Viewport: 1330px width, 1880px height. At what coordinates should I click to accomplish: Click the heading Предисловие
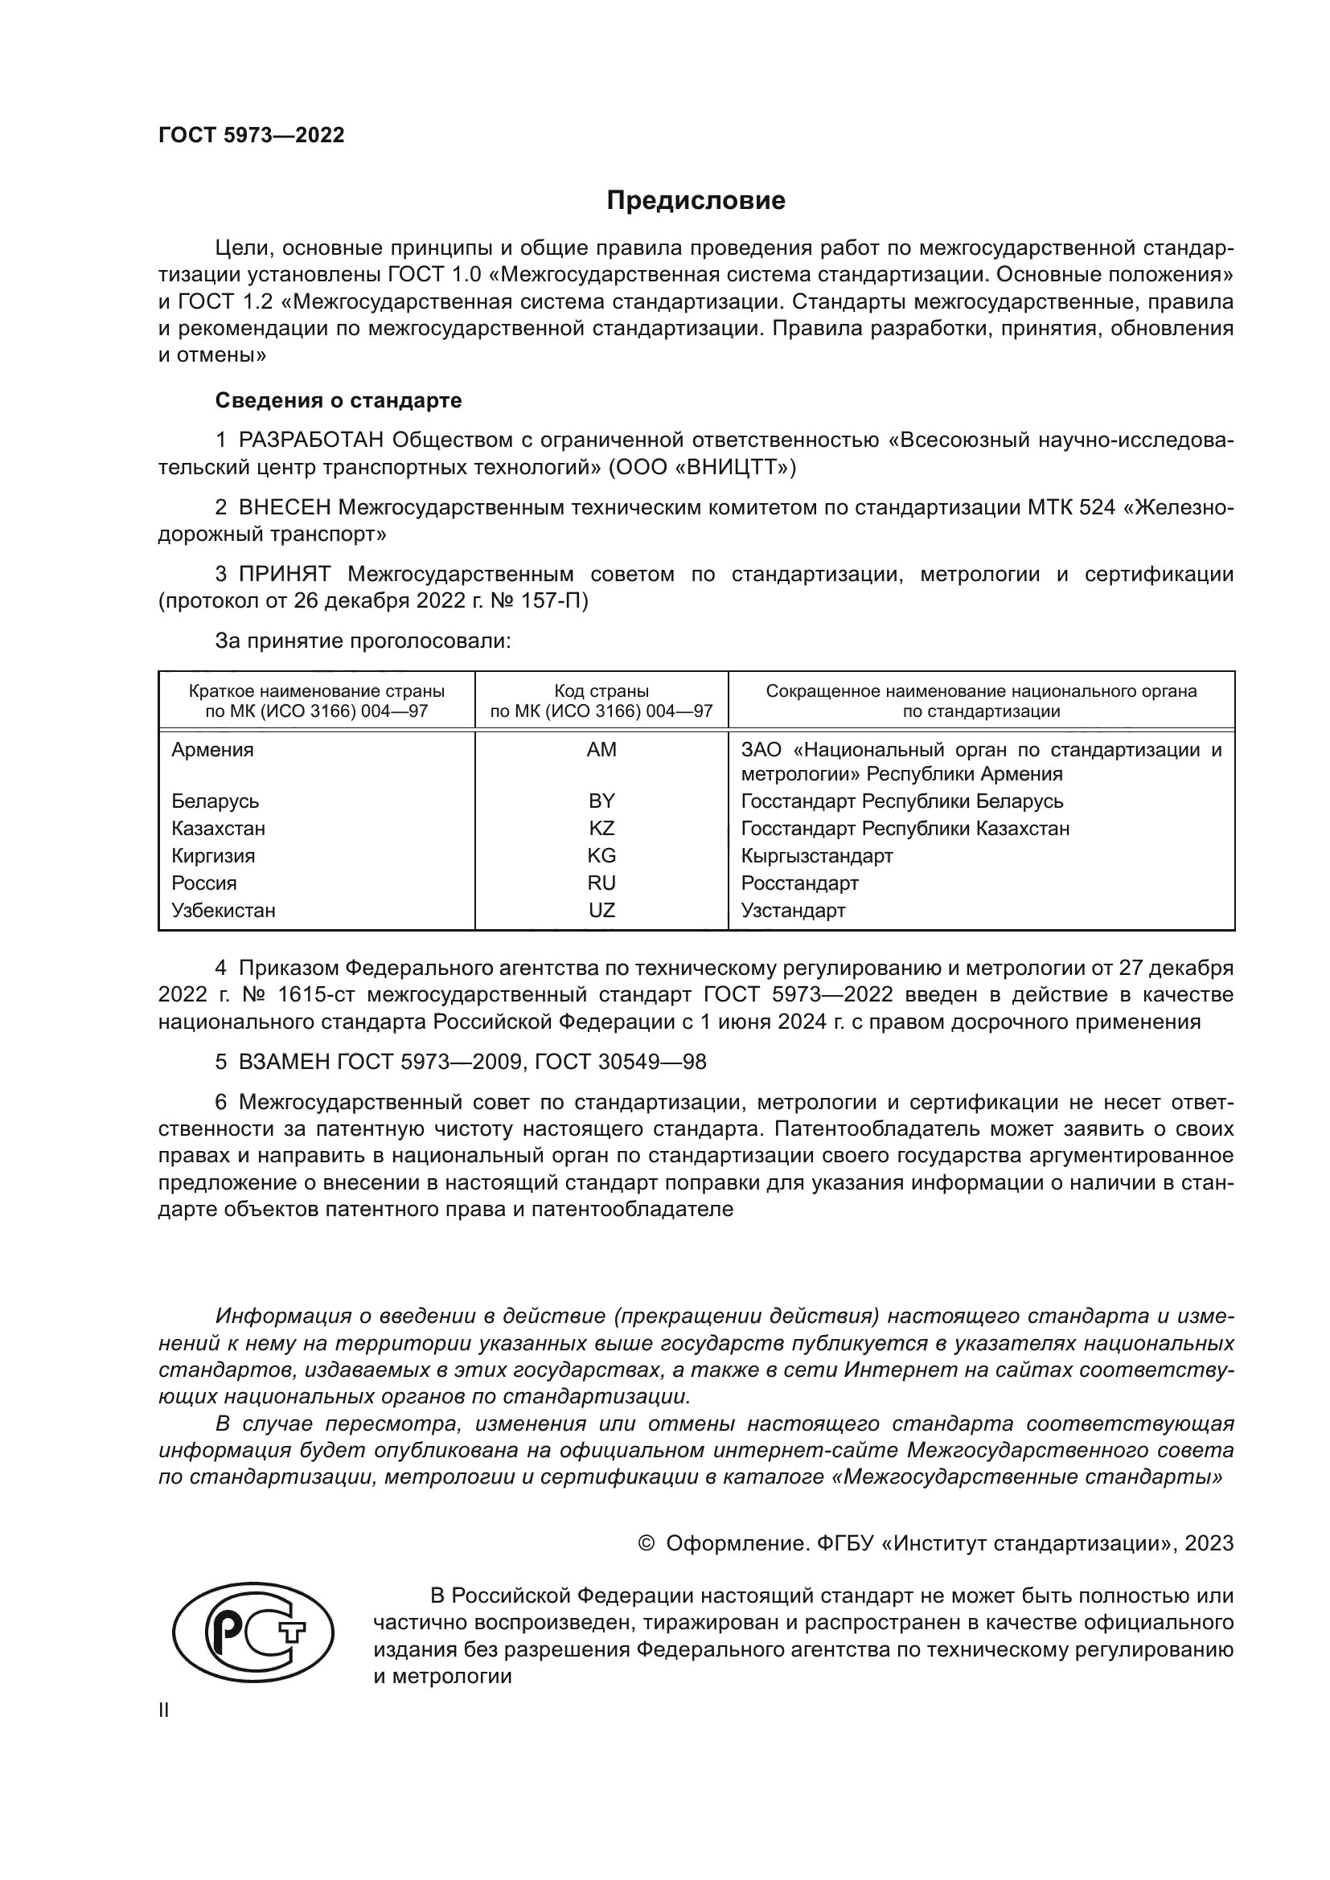click(696, 201)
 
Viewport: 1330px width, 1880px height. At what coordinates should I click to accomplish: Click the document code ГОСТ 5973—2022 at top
click(252, 136)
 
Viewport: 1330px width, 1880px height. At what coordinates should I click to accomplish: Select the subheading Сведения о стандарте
click(339, 400)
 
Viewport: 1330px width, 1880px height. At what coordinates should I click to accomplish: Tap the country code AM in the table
click(601, 750)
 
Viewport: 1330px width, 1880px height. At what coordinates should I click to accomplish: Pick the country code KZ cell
click(601, 828)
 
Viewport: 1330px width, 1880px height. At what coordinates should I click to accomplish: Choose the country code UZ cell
click(601, 910)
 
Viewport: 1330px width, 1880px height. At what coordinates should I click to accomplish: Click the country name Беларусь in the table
click(216, 801)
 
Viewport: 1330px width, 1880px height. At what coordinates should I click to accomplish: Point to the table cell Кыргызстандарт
click(816, 856)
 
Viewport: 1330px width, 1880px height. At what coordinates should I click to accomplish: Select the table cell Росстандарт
click(799, 883)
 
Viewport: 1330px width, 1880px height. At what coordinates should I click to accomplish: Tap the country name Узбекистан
click(224, 910)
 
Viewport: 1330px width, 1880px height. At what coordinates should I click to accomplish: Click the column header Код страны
click(601, 691)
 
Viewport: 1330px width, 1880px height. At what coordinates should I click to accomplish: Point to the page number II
click(164, 1710)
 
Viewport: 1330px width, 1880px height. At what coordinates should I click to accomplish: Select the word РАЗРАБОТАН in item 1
click(311, 440)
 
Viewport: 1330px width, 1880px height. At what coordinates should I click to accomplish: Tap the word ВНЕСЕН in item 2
click(285, 508)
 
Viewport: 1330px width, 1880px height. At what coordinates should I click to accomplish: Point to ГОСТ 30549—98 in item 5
click(620, 1062)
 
